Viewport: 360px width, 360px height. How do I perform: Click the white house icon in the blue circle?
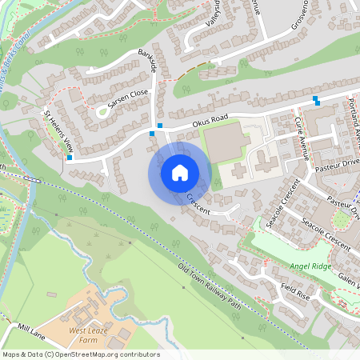tap(180, 172)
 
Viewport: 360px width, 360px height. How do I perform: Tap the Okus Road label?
tap(210, 122)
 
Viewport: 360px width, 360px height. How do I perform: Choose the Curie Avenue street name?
tap(300, 132)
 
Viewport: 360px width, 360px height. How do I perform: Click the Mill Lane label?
tap(34, 330)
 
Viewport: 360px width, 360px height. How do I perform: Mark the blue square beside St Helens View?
tap(70, 158)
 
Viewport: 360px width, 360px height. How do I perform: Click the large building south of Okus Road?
tap(226, 142)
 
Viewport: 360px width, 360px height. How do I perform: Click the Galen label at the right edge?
tap(350, 281)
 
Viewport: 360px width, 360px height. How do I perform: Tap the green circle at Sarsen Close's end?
tap(102, 112)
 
